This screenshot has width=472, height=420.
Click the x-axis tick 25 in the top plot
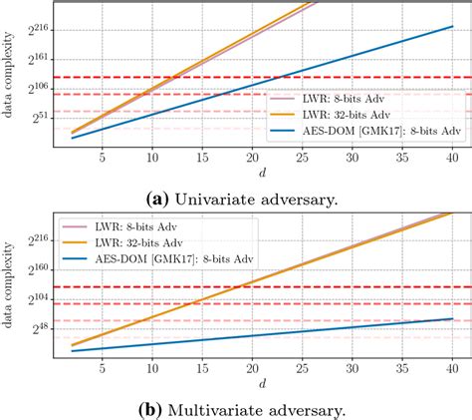click(x=304, y=157)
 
